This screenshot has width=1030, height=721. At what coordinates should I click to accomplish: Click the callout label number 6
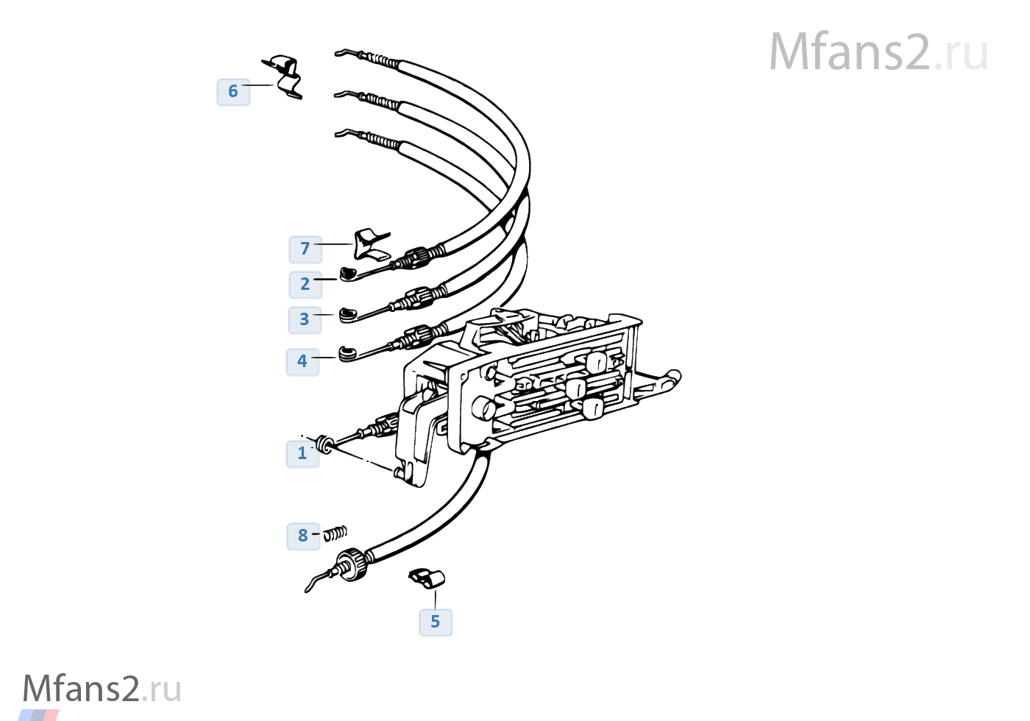coord(233,92)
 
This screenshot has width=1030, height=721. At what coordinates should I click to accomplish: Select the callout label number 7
coord(305,249)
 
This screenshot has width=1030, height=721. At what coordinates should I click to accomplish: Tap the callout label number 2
coord(305,285)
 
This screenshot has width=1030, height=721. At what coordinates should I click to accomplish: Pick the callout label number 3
coord(305,320)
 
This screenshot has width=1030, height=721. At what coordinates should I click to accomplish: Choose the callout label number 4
coord(302,362)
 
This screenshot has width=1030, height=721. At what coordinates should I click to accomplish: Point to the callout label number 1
coord(302,454)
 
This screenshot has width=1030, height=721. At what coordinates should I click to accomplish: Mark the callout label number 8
coord(303,536)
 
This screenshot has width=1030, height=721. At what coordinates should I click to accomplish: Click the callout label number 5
coord(436,622)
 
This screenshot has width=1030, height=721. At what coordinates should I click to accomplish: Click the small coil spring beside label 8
coord(335,533)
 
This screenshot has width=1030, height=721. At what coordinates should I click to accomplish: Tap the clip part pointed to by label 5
coord(427,578)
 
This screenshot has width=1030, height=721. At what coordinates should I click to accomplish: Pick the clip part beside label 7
coord(371,244)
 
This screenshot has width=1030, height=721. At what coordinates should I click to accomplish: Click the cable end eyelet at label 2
coord(348,274)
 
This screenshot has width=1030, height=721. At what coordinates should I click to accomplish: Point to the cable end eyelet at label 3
coord(348,315)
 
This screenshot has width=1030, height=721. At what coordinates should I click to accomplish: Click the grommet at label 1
coord(323,444)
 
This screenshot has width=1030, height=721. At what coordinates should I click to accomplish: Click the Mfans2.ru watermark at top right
coord(878,52)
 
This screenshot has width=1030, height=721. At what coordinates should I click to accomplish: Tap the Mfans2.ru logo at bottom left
coord(102,689)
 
